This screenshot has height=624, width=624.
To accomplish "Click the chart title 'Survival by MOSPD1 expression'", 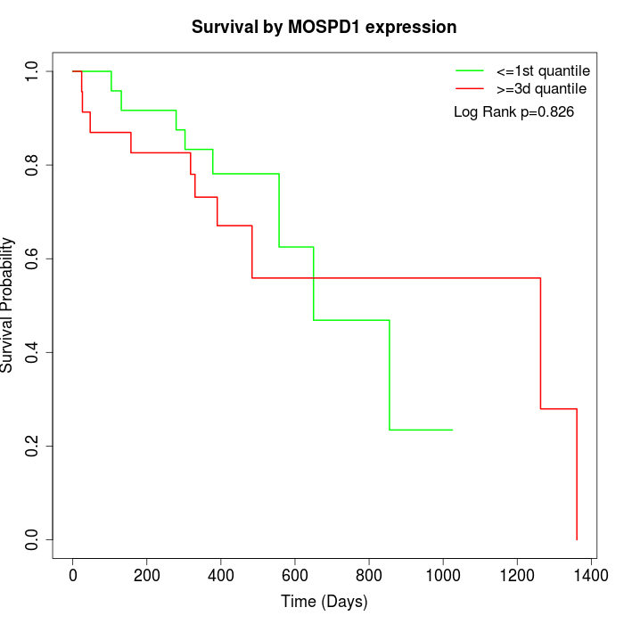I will [324, 28].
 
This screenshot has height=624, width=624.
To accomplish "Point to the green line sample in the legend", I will [470, 70].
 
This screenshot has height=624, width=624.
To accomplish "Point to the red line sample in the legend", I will [470, 88].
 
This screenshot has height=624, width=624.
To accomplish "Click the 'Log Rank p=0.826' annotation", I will [513, 112].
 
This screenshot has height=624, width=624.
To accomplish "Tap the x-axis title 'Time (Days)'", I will [324, 602].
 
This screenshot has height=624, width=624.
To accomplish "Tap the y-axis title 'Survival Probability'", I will [8, 305].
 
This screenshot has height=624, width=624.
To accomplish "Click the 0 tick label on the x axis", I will [73, 575].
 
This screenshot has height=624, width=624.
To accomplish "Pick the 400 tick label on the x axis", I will [221, 575].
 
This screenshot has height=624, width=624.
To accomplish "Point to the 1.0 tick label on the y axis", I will [33, 71].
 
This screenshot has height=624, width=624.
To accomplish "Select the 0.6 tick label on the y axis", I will [33, 259].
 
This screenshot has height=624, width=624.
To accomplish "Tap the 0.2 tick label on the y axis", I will [33, 446].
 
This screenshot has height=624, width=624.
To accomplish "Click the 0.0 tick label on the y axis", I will [33, 539].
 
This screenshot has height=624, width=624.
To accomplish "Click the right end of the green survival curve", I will [452, 430].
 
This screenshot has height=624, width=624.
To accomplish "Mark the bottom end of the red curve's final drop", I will [577, 539].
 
